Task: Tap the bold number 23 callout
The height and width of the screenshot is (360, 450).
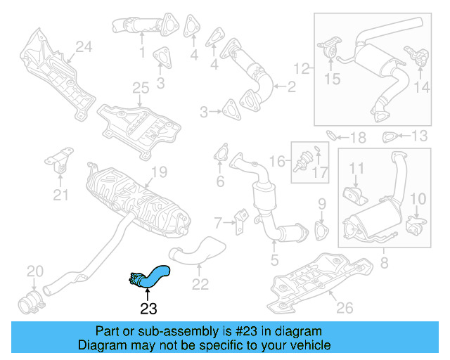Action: click(x=148, y=307)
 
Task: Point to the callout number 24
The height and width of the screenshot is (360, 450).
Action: click(x=84, y=48)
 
